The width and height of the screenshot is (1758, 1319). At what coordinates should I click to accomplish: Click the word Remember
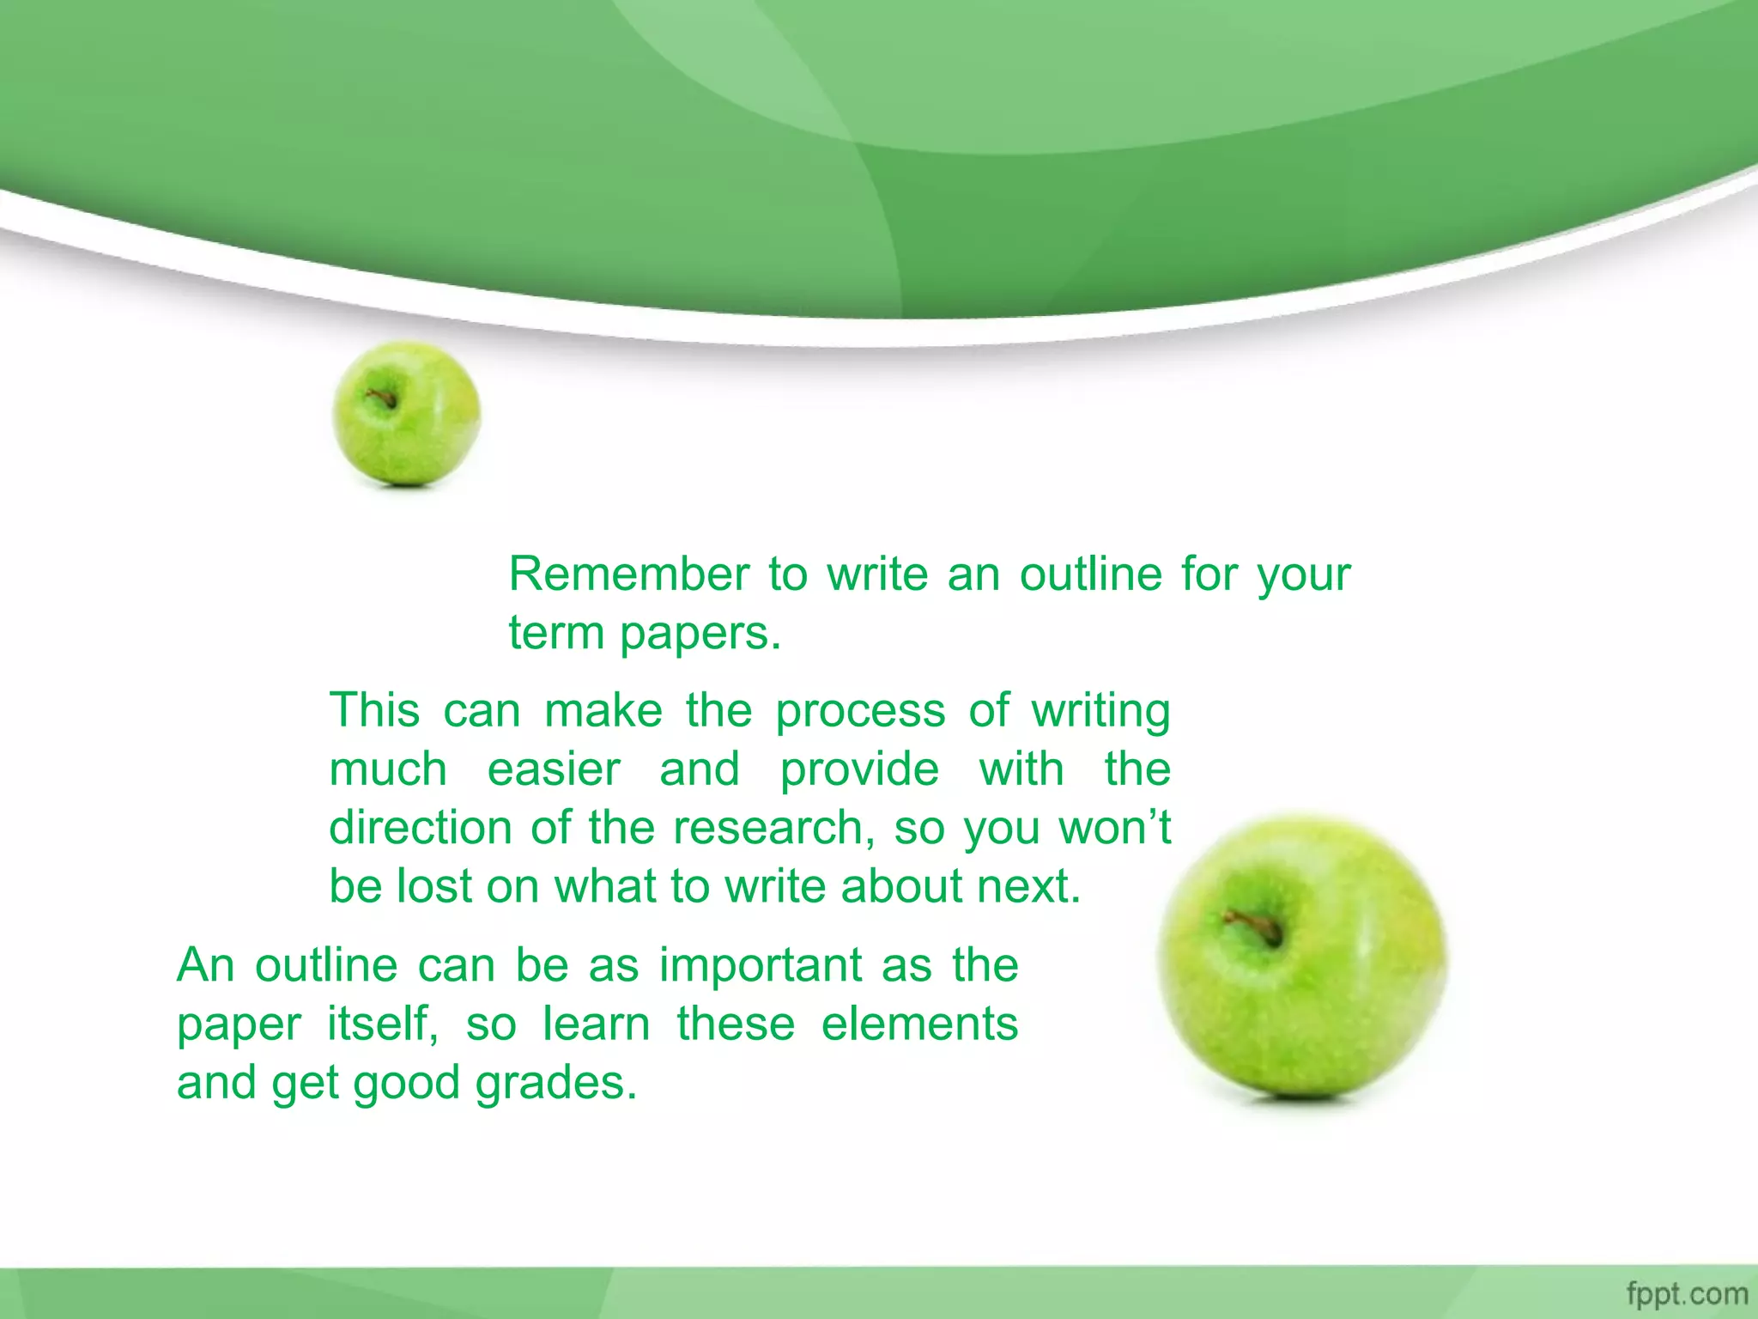pyautogui.click(x=628, y=574)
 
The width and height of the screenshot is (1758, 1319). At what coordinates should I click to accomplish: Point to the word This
pyautogui.click(x=374, y=710)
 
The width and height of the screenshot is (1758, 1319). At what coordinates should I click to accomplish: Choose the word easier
pyautogui.click(x=553, y=769)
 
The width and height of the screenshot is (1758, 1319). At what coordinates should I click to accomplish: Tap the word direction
pyautogui.click(x=421, y=828)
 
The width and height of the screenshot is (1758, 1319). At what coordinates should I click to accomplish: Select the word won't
pyautogui.click(x=1114, y=828)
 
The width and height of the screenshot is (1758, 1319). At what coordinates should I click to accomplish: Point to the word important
pyautogui.click(x=760, y=965)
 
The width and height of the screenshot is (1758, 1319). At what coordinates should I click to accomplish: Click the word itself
pyautogui.click(x=383, y=1024)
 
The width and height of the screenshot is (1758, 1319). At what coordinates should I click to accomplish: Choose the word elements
pyautogui.click(x=919, y=1024)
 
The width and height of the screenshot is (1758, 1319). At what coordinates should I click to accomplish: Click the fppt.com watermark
pyautogui.click(x=1687, y=1293)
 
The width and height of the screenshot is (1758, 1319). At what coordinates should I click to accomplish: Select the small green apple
pyautogui.click(x=406, y=414)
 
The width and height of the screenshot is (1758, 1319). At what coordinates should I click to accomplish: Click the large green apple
pyautogui.click(x=1302, y=957)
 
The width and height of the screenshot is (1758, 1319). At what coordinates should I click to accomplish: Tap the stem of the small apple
pyautogui.click(x=380, y=398)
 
